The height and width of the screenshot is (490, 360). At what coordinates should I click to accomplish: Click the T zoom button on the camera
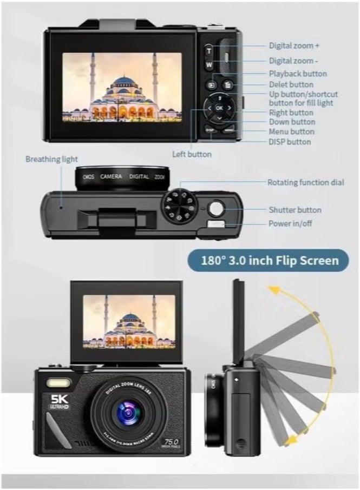click(x=209, y=51)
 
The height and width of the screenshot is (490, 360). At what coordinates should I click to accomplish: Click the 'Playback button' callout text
click(x=298, y=74)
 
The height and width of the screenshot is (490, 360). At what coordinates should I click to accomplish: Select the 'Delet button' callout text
click(x=291, y=84)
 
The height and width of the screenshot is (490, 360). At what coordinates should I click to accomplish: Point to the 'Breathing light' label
click(x=51, y=159)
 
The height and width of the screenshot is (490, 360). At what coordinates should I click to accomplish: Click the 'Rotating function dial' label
click(x=305, y=182)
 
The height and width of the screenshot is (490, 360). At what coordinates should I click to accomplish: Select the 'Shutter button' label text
click(x=294, y=210)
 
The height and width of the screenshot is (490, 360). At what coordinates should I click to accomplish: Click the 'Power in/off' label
click(x=291, y=223)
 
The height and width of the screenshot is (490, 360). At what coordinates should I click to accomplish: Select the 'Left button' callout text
click(x=192, y=154)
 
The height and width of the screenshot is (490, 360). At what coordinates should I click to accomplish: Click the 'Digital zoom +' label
click(x=294, y=46)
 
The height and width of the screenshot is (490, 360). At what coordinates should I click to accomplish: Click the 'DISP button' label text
click(x=290, y=142)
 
